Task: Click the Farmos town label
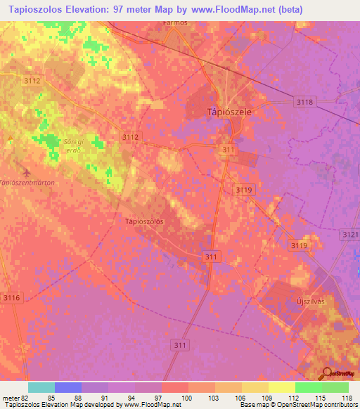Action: (x=175, y=22)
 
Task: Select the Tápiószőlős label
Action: (x=144, y=221)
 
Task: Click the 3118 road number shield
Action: (x=304, y=103)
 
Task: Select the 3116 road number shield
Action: (x=12, y=298)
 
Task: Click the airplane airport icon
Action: (x=27, y=171)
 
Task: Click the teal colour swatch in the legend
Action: (x=41, y=387)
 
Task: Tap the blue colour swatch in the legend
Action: (x=68, y=387)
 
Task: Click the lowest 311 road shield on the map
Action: (x=181, y=345)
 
